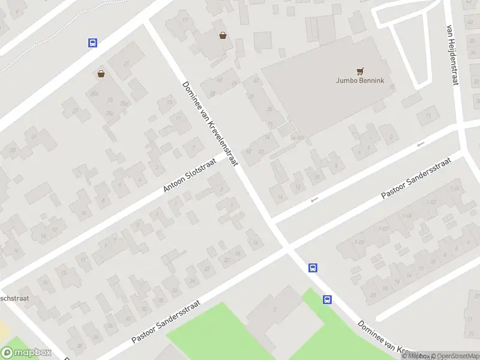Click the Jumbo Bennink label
point(360,80)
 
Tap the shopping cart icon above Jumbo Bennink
point(360,71)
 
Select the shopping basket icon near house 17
point(223,35)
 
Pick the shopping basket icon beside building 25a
point(101,74)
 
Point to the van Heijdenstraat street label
point(452,55)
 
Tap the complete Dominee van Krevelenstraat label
point(211,124)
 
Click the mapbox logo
point(26,353)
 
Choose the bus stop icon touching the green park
point(327,299)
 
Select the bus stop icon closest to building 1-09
point(313,268)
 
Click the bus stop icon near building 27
point(92,43)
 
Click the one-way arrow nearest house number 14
point(313,200)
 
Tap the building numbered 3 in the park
point(274,309)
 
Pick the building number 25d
point(124,104)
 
